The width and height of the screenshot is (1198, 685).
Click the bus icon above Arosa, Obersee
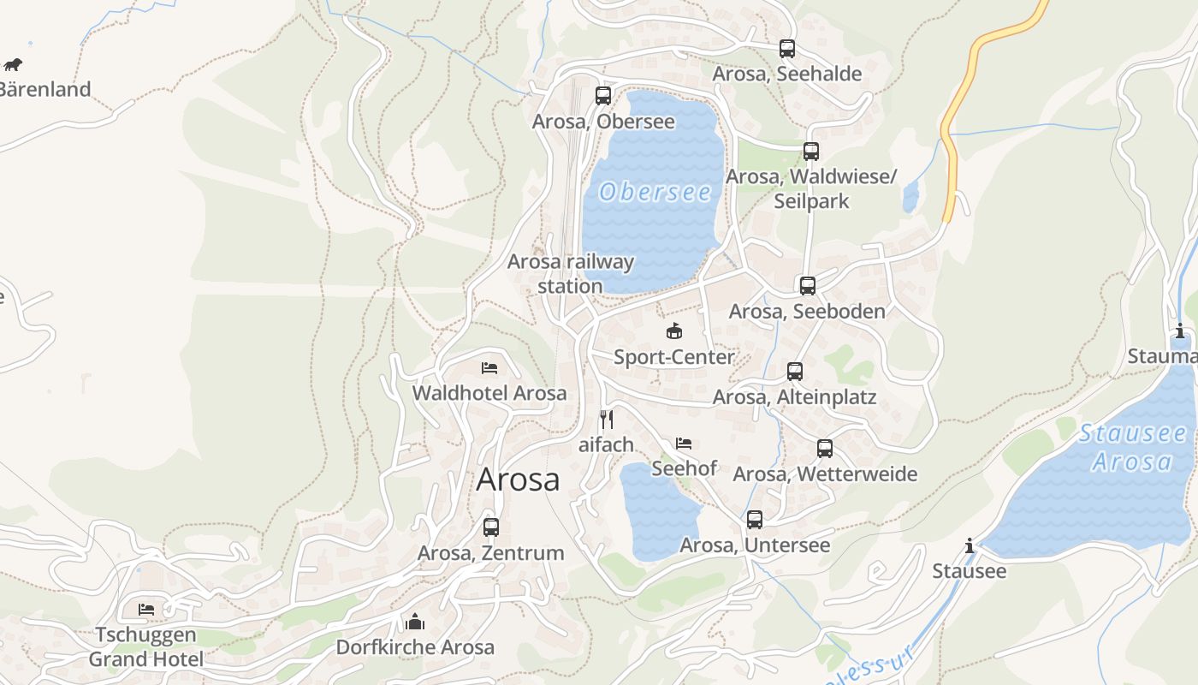click(x=603, y=95)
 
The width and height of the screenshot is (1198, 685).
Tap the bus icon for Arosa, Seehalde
click(x=786, y=49)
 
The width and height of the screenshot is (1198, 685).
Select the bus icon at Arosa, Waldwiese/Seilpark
click(x=810, y=152)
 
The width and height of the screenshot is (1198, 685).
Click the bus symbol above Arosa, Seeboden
click(x=807, y=286)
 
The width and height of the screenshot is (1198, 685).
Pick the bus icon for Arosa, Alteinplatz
click(x=794, y=372)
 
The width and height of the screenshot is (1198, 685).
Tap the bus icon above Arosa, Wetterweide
click(x=824, y=449)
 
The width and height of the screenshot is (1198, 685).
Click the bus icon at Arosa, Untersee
click(x=754, y=520)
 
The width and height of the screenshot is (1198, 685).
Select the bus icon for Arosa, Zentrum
click(x=490, y=527)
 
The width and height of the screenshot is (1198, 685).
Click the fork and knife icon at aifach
click(x=606, y=419)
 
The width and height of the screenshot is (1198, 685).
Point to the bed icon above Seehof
click(x=683, y=444)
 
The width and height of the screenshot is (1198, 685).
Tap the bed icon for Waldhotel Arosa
click(x=489, y=368)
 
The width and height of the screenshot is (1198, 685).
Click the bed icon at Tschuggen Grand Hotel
click(x=146, y=610)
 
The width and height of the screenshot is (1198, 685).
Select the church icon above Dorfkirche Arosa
click(x=415, y=621)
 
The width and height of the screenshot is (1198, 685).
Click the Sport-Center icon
click(x=674, y=331)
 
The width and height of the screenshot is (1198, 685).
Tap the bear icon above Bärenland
click(x=13, y=64)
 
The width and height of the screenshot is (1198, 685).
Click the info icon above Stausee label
click(x=969, y=545)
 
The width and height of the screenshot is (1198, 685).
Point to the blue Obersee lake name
click(x=655, y=192)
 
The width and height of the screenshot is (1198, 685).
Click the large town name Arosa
click(x=518, y=479)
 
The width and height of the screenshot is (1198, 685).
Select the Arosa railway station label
click(x=570, y=273)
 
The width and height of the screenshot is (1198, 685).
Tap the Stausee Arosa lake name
click(x=1132, y=447)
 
